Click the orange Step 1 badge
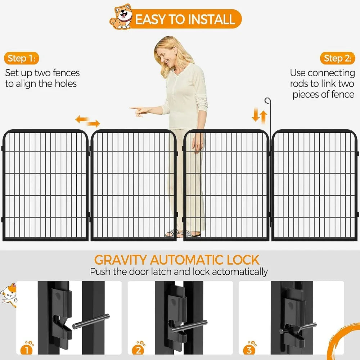[22, 58]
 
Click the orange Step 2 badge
[337, 58]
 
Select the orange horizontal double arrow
[87, 121]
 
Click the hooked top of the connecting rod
[266, 100]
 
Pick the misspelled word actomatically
[239, 271]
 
